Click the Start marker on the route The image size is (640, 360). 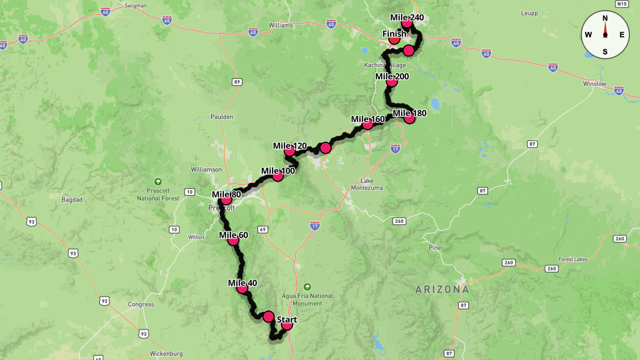(287, 324)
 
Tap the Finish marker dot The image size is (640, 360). (394, 39)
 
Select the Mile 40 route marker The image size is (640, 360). (242, 288)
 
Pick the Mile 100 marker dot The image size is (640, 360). (277, 176)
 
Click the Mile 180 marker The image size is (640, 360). (409, 118)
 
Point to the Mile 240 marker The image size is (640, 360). (407, 22)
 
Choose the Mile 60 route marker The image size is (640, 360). (233, 240)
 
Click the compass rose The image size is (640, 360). (605, 35)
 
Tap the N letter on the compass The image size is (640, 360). (605, 18)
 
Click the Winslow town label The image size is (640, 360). (595, 84)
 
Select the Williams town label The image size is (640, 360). (281, 25)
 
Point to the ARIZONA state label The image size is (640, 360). (443, 290)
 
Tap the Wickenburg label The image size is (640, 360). (166, 354)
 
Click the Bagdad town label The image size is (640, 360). (72, 199)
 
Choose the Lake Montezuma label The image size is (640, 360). (367, 184)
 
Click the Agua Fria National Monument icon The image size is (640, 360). (307, 286)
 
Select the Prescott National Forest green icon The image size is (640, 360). (157, 181)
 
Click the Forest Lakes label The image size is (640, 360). (573, 259)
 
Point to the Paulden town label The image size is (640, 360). (222, 117)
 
